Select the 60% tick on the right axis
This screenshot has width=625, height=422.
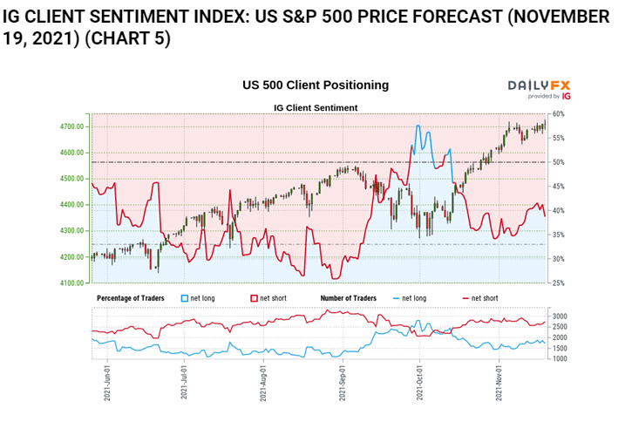(x=559, y=114)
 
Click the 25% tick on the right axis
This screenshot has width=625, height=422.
(x=559, y=283)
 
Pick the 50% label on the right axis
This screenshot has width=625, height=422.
(x=559, y=162)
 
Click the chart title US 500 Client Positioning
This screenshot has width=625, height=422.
(x=316, y=85)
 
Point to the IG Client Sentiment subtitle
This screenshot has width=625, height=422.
(x=316, y=107)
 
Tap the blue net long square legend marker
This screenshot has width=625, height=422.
(x=185, y=298)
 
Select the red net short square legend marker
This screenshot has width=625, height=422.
(x=254, y=298)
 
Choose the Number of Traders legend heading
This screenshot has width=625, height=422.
(x=348, y=298)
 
